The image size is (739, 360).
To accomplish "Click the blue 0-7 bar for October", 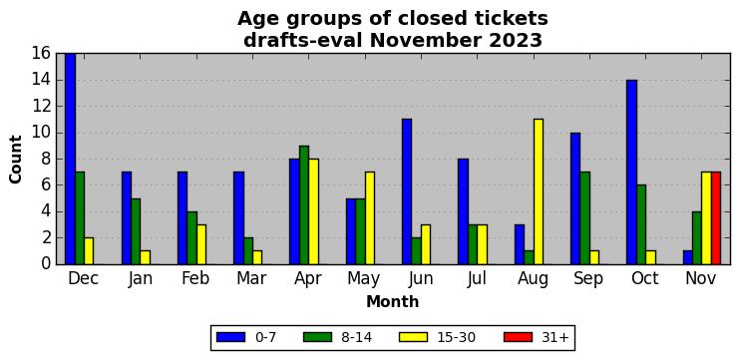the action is point(631,172).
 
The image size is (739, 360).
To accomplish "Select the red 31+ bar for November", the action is point(716,218).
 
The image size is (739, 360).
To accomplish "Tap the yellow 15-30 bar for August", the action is point(538,191).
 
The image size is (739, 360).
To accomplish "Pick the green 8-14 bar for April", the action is point(304,205).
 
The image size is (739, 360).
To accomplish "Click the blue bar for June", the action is point(407,191).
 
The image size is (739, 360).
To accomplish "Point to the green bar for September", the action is point(584,218).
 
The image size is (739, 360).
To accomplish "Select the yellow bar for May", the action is point(369,218).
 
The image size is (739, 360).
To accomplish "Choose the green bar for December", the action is point(80,218).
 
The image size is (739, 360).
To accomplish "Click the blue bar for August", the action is point(520,244).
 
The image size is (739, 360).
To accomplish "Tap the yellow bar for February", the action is point(201,244).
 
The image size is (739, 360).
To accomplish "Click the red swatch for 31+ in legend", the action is point(518,337).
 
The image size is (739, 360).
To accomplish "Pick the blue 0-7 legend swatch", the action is point(230,337).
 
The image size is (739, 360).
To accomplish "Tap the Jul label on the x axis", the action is point(477,279).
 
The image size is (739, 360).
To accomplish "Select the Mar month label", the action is point(251,279).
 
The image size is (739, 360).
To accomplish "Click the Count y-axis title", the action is point(16,160).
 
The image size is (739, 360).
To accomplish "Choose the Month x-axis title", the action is point(393,301).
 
